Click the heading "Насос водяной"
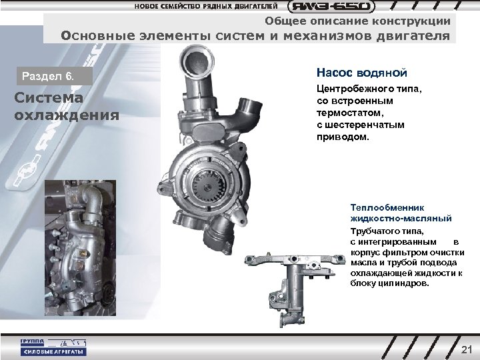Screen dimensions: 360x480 coord(361,72)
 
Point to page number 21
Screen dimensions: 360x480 coord(466,349)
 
